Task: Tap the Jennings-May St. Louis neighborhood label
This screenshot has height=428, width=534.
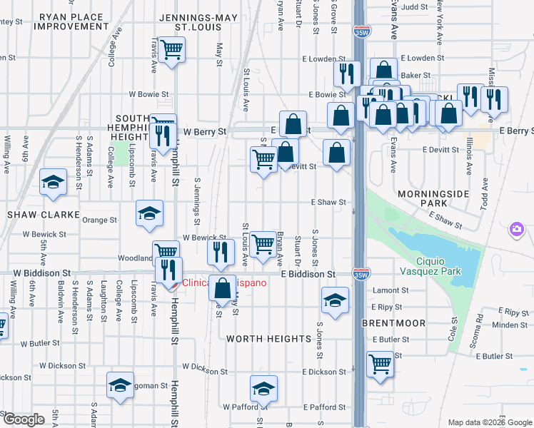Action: click(188, 21)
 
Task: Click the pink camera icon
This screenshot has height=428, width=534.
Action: click(515, 230)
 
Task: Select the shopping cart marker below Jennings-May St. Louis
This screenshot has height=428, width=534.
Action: click(172, 51)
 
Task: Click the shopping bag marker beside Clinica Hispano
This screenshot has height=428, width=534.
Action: click(222, 289)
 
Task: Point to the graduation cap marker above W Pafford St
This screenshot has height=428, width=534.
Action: click(263, 389)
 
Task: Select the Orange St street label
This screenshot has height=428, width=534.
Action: click(99, 220)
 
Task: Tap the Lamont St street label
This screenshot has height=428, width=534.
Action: click(390, 291)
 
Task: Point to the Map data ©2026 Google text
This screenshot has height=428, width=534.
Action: click(489, 422)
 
